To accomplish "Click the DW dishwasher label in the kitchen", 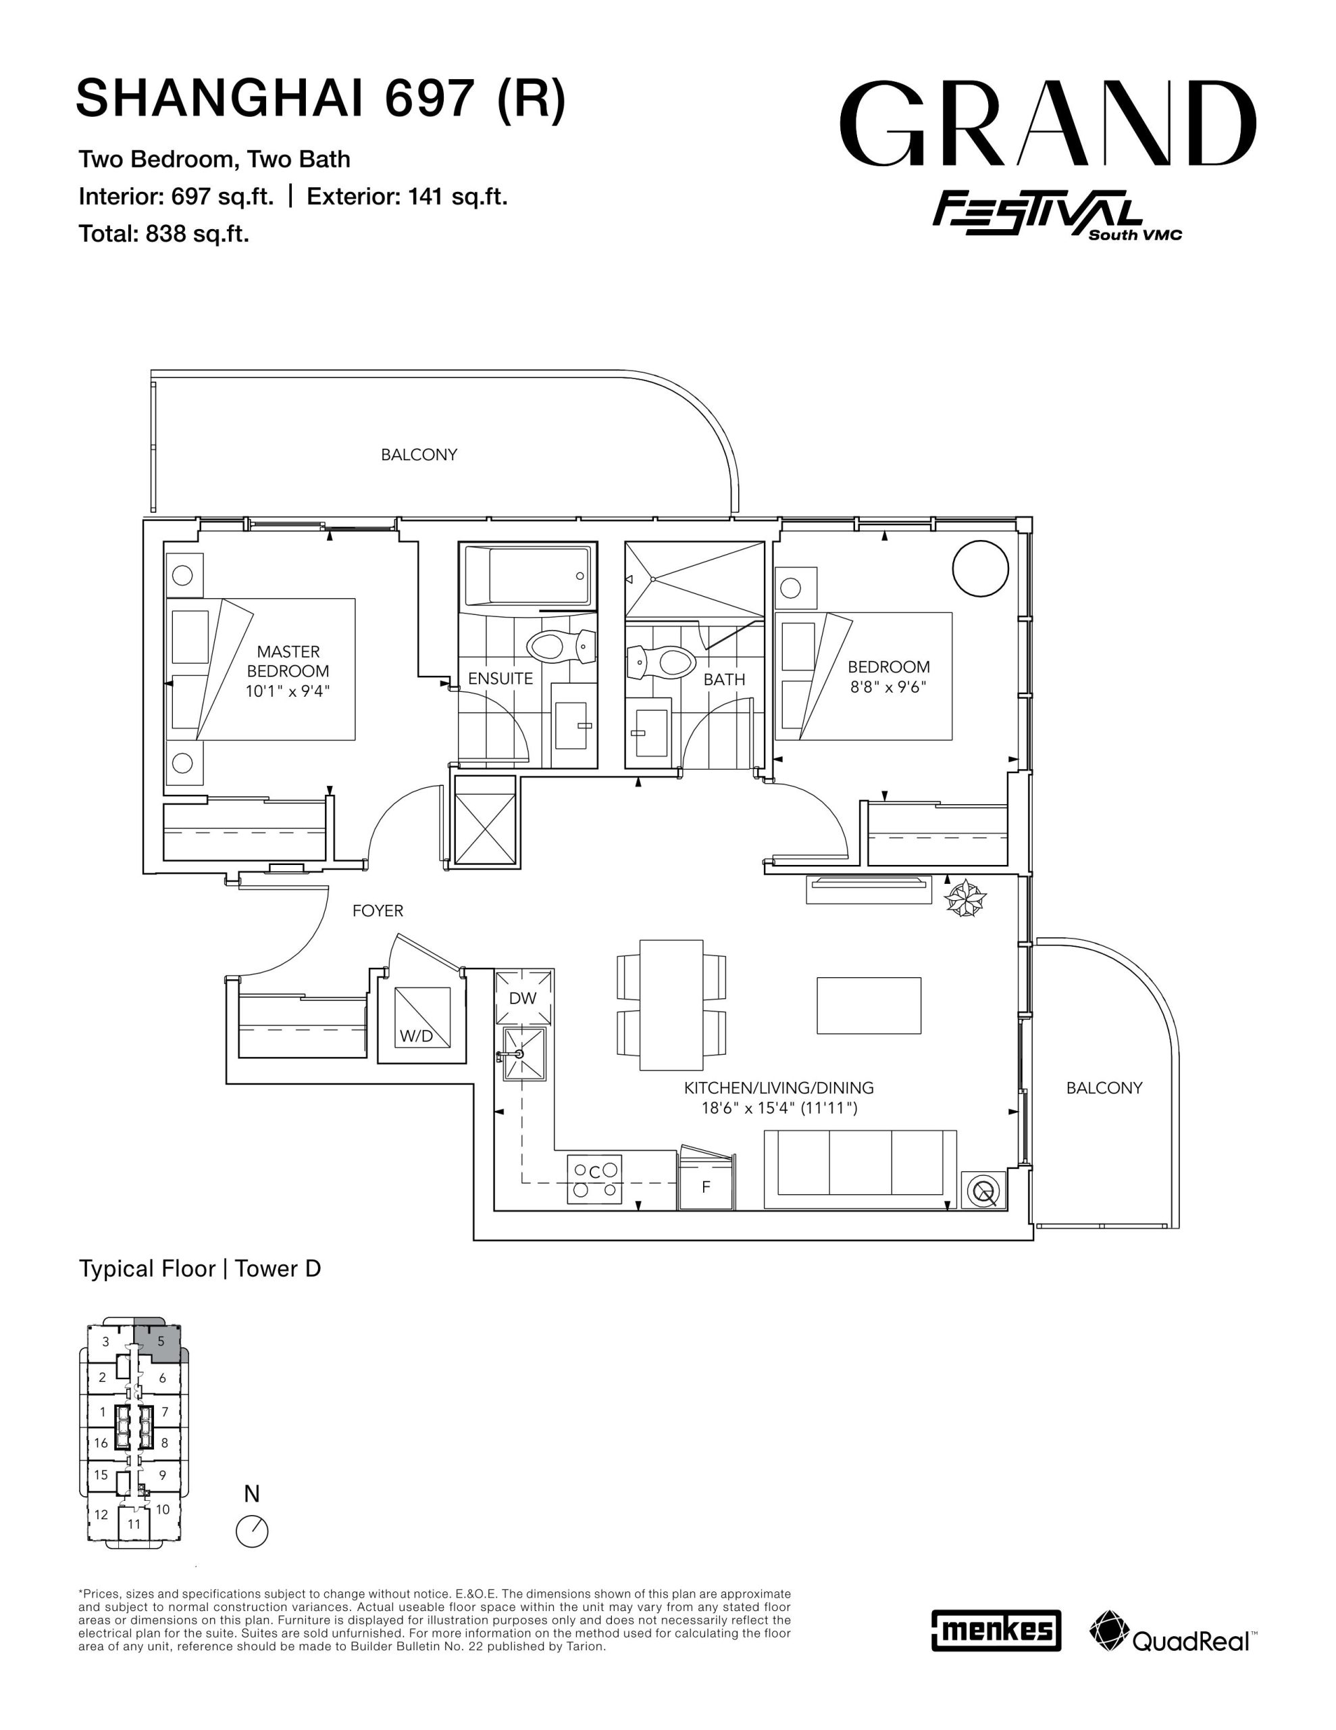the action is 523,998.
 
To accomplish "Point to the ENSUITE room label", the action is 500,679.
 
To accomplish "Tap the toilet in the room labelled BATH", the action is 661,662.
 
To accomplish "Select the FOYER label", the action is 378,911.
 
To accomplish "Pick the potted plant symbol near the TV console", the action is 965,899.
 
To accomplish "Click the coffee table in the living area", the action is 869,1005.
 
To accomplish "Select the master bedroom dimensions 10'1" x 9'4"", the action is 288,691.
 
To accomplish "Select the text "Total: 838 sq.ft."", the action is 164,234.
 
